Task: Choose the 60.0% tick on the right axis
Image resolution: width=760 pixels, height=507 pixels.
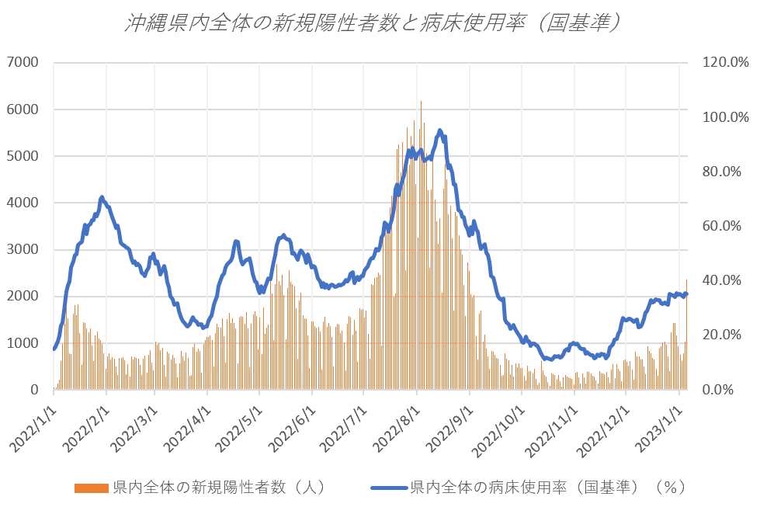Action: (x=723, y=226)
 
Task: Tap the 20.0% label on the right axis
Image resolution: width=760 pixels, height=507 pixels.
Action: (x=723, y=335)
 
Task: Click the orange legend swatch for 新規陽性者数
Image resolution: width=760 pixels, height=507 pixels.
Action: (x=92, y=488)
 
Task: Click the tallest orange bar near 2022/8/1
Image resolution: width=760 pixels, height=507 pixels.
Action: (x=421, y=102)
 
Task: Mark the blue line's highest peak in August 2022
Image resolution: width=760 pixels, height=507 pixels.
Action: (x=440, y=130)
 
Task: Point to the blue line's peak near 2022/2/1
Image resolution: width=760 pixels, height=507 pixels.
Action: (x=102, y=197)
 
